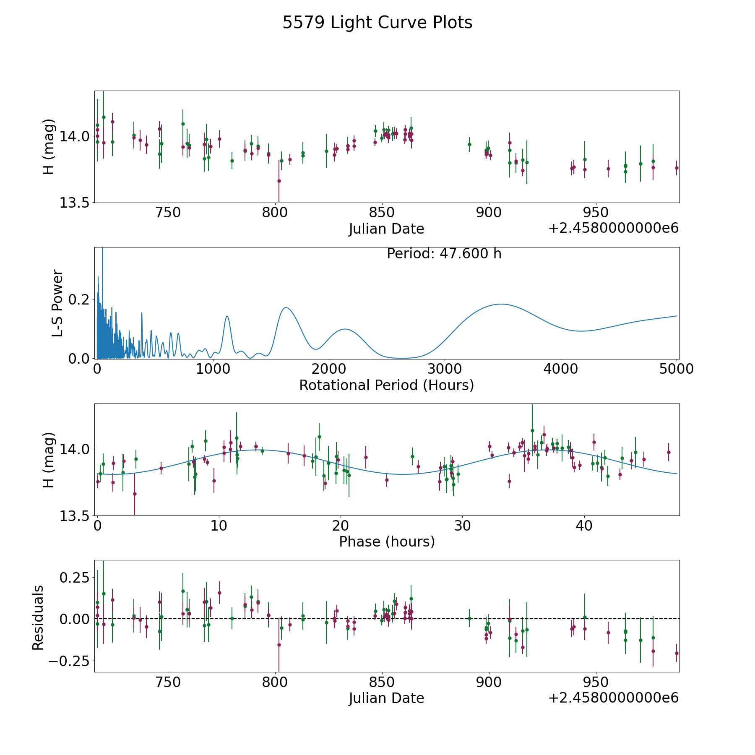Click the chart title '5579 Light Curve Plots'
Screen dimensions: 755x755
click(377, 23)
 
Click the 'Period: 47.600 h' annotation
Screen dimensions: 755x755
click(444, 254)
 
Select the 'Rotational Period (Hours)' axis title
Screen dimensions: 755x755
click(386, 385)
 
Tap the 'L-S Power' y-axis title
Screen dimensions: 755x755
click(57, 303)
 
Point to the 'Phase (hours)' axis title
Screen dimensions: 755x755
click(387, 542)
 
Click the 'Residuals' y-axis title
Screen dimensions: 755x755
click(38, 617)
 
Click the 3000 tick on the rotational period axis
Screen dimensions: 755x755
click(444, 369)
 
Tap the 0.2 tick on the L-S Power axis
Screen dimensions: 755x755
click(80, 299)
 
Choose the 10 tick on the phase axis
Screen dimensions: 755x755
click(219, 526)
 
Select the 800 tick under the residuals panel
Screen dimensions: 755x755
click(275, 682)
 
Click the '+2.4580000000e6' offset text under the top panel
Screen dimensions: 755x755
click(613, 228)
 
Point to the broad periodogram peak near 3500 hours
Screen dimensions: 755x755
click(500, 304)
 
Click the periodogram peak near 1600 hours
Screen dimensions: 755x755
click(286, 307)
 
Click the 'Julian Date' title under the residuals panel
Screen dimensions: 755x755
click(386, 698)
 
